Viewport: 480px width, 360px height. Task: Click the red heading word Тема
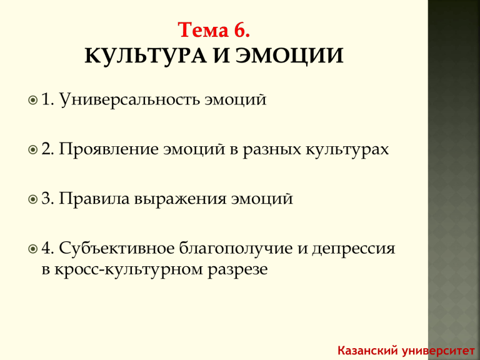(203, 30)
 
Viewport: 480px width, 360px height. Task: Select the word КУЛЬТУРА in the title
(146, 56)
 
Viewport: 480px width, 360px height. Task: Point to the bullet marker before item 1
(32, 100)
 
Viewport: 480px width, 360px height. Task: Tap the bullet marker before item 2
(32, 150)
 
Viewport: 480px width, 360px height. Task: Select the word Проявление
(109, 149)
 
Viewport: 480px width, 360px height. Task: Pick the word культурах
(347, 150)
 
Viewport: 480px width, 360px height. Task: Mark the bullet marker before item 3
(32, 199)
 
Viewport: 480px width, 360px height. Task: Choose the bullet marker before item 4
(32, 249)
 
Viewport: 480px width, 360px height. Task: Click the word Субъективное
(117, 248)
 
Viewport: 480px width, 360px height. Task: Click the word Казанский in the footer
(367, 350)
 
